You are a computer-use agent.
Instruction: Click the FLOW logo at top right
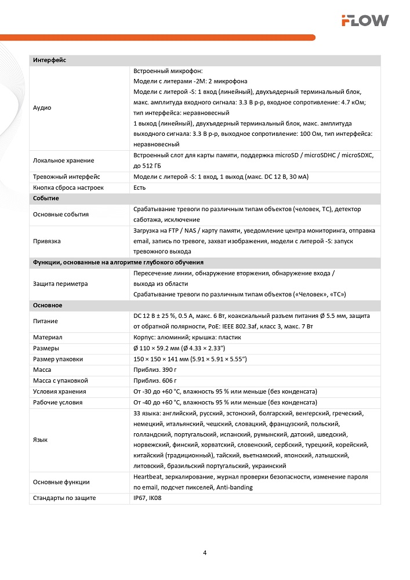coord(365,21)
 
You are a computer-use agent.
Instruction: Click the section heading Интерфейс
coord(50,60)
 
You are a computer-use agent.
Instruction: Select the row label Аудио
coord(42,108)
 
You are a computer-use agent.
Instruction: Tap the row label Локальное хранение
coord(63,160)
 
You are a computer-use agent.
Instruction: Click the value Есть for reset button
coord(140,187)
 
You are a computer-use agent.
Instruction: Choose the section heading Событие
coord(48,198)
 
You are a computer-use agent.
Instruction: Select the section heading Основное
coord(48,305)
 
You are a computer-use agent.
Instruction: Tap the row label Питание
coord(45,321)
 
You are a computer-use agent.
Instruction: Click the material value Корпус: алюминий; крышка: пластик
coord(187,337)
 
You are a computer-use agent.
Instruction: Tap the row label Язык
coord(41,440)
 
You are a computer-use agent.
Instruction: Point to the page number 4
coord(205,552)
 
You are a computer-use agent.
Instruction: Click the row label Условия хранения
coord(59,391)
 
